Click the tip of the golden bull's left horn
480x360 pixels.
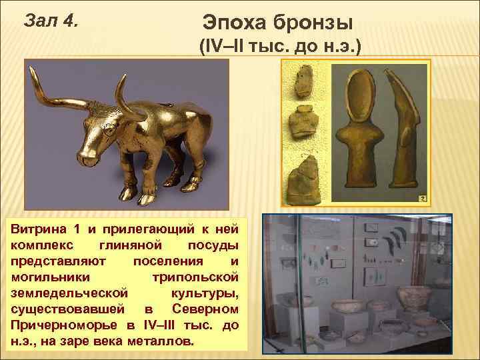click(x=32, y=77)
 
